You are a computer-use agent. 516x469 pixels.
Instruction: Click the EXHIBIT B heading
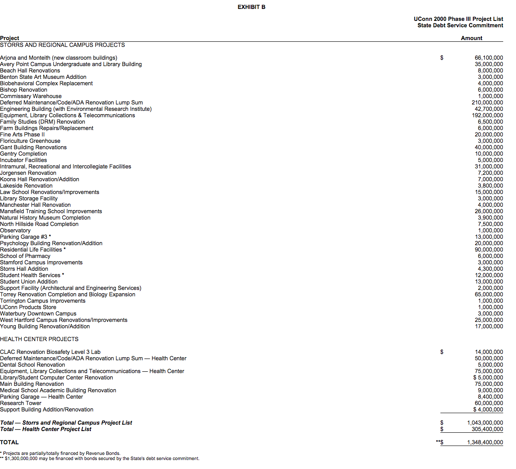[251, 7]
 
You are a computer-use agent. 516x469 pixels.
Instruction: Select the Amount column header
[471, 38]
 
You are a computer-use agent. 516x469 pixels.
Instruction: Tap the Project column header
[9, 38]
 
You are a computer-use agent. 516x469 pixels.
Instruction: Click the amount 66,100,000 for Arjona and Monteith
[489, 58]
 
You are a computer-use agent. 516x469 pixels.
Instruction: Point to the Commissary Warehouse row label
[31, 96]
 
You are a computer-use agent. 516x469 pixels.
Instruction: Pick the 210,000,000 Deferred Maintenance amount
[487, 102]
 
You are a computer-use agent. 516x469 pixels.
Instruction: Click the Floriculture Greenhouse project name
[30, 141]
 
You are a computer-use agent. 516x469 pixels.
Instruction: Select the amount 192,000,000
[487, 115]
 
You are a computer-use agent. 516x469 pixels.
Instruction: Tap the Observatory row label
[15, 230]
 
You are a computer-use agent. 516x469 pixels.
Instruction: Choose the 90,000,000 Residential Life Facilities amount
[489, 249]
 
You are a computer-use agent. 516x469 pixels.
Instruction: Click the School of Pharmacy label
[25, 256]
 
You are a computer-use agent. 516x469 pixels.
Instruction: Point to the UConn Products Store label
[28, 307]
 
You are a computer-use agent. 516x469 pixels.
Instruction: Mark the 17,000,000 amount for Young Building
[489, 326]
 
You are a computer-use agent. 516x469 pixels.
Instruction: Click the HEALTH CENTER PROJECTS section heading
[39, 339]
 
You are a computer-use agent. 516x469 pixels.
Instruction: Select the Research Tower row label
[21, 403]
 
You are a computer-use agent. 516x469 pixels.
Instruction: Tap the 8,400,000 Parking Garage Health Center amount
[490, 397]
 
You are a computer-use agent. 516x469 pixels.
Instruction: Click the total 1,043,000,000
[485, 423]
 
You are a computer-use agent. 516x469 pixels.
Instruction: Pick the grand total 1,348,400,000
[485, 442]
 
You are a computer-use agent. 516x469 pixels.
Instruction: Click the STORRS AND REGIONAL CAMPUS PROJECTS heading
[62, 45]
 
